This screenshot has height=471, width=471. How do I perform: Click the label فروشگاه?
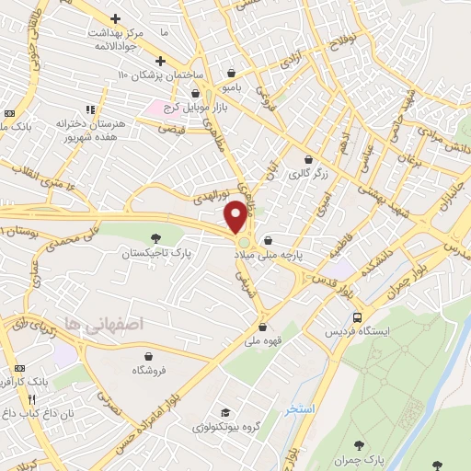[149, 369]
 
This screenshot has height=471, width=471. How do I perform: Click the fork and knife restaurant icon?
[32, 400]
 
